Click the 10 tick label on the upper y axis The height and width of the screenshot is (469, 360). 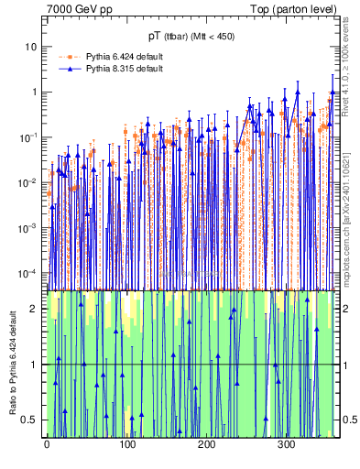pyautogui.click(x=31, y=47)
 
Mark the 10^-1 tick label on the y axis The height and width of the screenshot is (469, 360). pyautogui.click(x=29, y=137)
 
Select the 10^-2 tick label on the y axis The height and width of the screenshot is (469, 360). pyautogui.click(x=29, y=182)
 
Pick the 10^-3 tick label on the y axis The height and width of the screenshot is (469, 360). pyautogui.click(x=29, y=228)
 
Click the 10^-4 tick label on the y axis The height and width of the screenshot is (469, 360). pyautogui.click(x=29, y=273)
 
